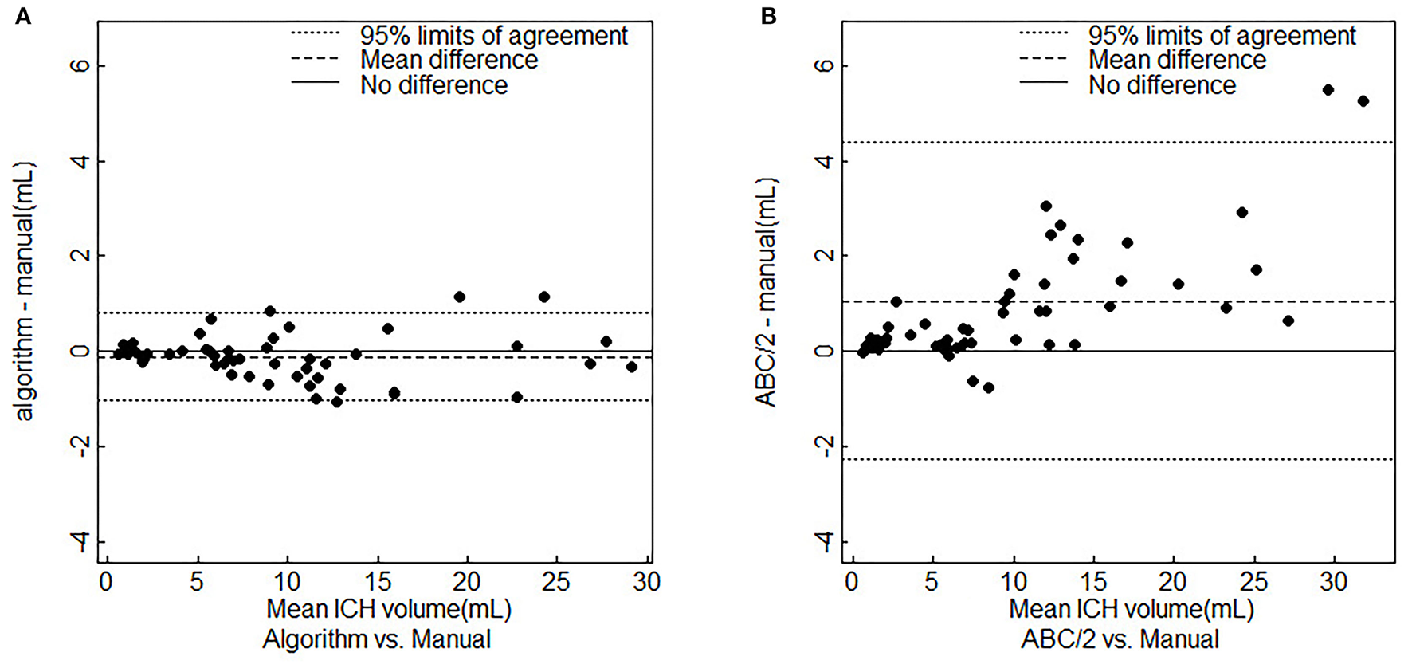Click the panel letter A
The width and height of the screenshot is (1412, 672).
click(x=23, y=16)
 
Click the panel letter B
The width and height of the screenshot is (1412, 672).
click(x=768, y=16)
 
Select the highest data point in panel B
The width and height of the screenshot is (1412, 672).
click(x=1328, y=90)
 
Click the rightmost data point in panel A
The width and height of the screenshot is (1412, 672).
click(x=631, y=367)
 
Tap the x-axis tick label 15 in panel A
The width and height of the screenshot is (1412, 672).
click(x=376, y=582)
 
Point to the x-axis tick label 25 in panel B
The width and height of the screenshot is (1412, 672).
click(x=1253, y=582)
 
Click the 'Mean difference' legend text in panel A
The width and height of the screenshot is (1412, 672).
click(x=449, y=60)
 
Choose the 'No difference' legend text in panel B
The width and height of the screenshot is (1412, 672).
click(x=1162, y=85)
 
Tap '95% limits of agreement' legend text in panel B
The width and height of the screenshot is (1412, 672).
click(x=1222, y=35)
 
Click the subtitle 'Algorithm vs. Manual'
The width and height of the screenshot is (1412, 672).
click(x=376, y=639)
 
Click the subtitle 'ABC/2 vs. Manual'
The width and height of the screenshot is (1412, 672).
click(x=1120, y=639)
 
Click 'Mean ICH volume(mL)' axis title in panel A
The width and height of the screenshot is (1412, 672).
click(x=388, y=610)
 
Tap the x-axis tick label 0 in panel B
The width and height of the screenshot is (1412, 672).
click(x=852, y=582)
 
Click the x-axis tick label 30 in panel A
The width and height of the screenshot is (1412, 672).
click(x=646, y=582)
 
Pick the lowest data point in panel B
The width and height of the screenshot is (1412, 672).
click(x=988, y=387)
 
